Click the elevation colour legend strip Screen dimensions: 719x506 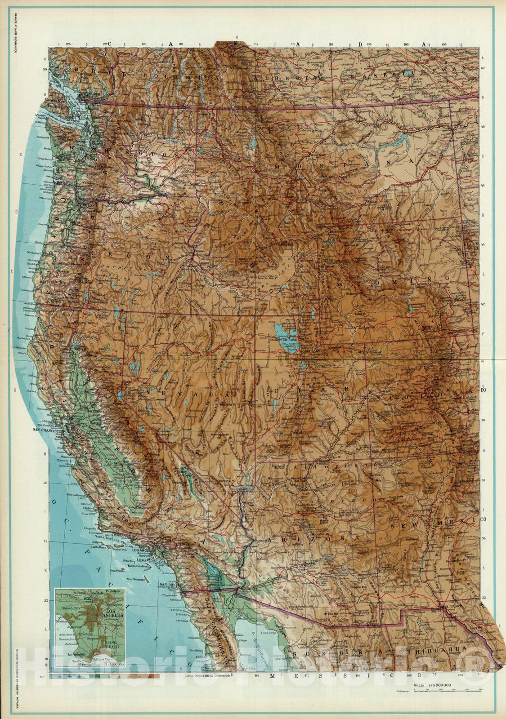[103, 675]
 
